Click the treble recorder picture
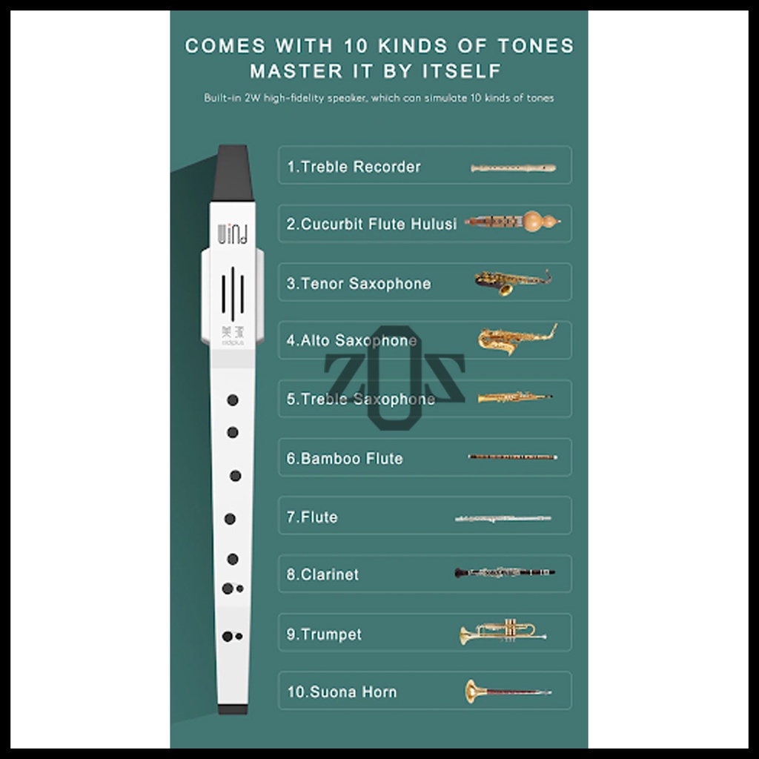click(x=513, y=168)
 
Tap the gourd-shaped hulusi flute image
click(x=513, y=222)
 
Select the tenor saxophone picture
click(x=513, y=282)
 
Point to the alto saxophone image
click(x=517, y=339)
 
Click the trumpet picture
click(x=503, y=632)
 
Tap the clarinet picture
click(x=505, y=573)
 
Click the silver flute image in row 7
click(x=503, y=518)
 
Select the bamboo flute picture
click(x=513, y=457)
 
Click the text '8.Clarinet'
click(x=322, y=574)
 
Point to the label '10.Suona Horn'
click(x=342, y=692)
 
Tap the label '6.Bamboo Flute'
click(x=344, y=458)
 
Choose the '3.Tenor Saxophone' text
click(x=358, y=283)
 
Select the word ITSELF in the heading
click(x=462, y=71)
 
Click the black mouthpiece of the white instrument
click(x=233, y=173)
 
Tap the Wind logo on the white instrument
click(x=233, y=233)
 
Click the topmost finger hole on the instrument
click(x=233, y=400)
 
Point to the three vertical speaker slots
click(x=233, y=294)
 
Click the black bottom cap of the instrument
click(x=233, y=709)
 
